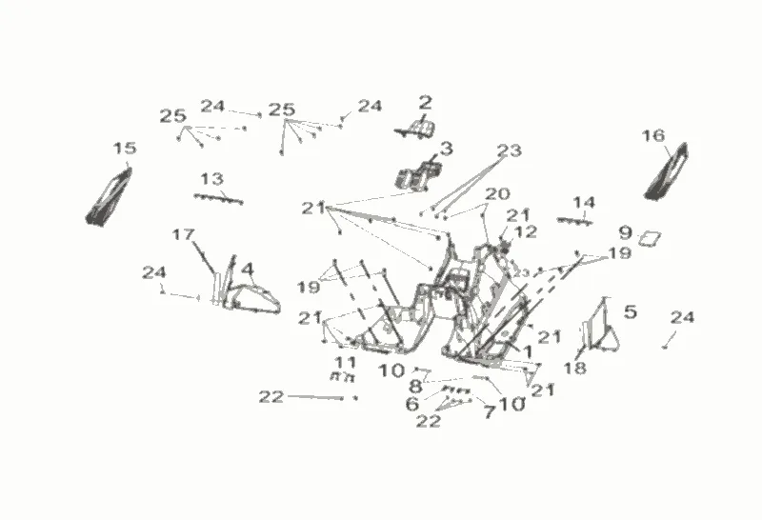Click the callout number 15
tap(125, 149)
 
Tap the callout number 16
tap(652, 136)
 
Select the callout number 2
tap(425, 102)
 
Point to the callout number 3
tap(446, 149)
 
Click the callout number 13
tap(211, 178)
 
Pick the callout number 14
tap(584, 202)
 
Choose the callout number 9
tap(625, 231)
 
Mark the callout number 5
tap(630, 310)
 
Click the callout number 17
tap(183, 234)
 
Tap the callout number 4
tap(247, 270)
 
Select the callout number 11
tap(345, 362)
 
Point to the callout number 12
tap(526, 231)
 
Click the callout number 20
tap(497, 193)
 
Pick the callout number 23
tap(510, 150)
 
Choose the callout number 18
tap(574, 368)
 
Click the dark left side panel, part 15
tap(109, 195)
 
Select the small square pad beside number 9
tap(652, 235)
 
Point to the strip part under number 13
tap(219, 198)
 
